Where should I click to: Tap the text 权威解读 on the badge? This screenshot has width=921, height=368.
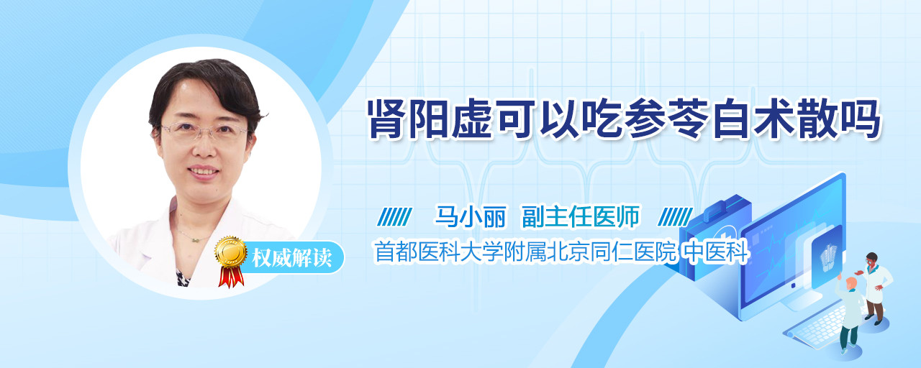[292, 258]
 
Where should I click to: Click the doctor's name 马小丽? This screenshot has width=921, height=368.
[470, 216]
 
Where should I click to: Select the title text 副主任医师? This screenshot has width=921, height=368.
[580, 216]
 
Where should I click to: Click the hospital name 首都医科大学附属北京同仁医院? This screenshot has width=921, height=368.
[525, 252]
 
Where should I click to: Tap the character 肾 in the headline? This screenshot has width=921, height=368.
[386, 119]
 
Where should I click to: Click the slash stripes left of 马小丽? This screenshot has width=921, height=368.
[395, 217]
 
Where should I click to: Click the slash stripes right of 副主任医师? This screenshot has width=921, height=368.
[675, 217]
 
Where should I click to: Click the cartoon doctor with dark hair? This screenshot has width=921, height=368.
[874, 287]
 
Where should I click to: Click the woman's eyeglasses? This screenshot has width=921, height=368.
[204, 132]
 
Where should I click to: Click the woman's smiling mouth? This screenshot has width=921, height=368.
[204, 171]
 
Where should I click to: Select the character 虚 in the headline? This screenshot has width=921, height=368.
[471, 119]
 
